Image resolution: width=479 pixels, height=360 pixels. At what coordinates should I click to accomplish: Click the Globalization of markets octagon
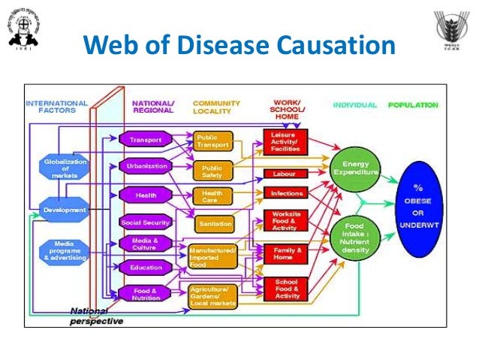[x=65, y=169]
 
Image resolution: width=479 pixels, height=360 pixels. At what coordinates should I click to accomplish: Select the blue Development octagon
[x=65, y=210]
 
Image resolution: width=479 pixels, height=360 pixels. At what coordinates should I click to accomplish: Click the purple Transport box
[x=145, y=140]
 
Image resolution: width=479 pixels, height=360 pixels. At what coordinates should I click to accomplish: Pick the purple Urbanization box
[x=146, y=166]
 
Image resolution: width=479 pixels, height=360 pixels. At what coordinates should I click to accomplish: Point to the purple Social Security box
[x=146, y=222]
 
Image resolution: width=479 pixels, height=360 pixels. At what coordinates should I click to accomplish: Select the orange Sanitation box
[x=212, y=223]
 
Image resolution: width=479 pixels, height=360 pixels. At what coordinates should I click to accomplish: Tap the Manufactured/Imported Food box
[x=212, y=256]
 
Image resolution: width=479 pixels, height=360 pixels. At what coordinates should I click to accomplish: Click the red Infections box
[x=285, y=193]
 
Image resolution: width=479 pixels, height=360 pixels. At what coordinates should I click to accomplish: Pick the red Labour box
[x=285, y=174]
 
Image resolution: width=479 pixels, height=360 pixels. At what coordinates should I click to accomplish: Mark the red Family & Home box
[x=285, y=254]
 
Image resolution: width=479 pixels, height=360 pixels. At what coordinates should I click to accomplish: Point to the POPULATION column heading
[x=413, y=105]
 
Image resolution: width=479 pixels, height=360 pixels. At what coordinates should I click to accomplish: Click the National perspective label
[x=95, y=316]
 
